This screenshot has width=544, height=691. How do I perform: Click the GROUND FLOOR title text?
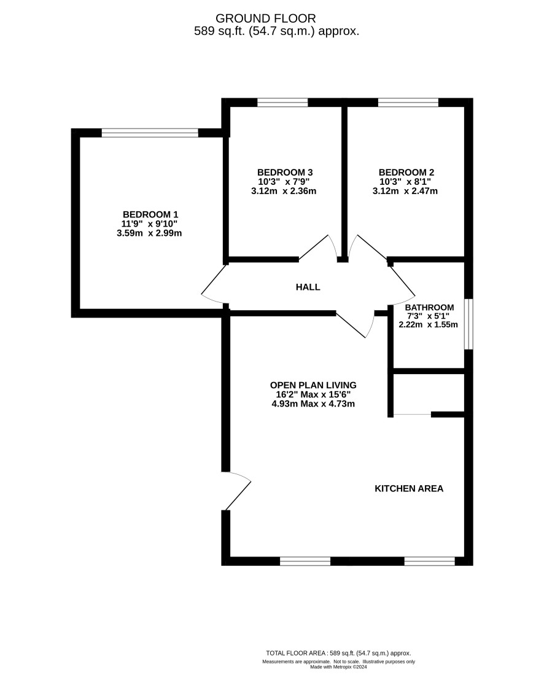(266, 18)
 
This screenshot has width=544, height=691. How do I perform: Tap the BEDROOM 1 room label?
(150, 214)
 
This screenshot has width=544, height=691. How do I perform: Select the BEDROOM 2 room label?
(406, 173)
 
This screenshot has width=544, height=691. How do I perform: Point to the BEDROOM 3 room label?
(285, 173)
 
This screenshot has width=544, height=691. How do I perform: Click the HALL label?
(308, 287)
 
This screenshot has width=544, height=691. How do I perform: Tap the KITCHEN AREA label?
(409, 488)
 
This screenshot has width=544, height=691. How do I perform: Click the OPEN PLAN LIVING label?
(313, 385)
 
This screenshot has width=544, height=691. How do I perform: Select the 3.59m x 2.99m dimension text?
(149, 233)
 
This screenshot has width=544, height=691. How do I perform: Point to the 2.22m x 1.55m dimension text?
(428, 325)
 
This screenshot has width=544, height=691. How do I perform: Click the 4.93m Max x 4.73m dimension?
(313, 404)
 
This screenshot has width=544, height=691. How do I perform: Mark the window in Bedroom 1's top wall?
(150, 133)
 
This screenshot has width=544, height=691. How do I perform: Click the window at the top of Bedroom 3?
(282, 103)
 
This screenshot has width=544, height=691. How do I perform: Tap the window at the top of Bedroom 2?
(408, 103)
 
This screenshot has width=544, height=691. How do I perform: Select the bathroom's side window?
(469, 324)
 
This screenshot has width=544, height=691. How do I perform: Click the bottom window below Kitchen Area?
(429, 561)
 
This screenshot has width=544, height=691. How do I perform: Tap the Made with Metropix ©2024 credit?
(339, 667)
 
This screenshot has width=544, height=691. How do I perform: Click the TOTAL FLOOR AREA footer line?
(338, 653)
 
